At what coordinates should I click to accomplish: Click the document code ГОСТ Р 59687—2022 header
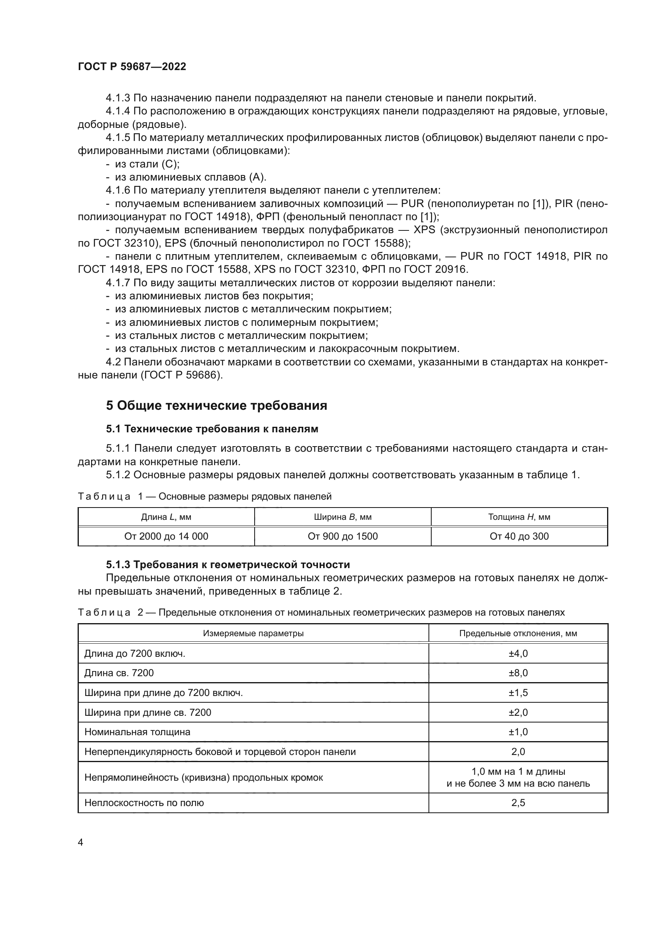pyautogui.click(x=132, y=67)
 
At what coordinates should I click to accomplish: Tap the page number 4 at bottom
pyautogui.click(x=80, y=842)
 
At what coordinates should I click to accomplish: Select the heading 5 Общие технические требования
pyautogui.click(x=217, y=405)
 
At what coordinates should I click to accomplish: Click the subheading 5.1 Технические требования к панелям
pyautogui.click(x=212, y=429)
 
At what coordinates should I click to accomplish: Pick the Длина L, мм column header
pyautogui.click(x=166, y=517)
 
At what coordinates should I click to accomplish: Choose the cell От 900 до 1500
pyautogui.click(x=343, y=536)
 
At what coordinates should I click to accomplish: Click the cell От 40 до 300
pyautogui.click(x=519, y=536)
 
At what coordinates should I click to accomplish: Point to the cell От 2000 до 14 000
pyautogui.click(x=166, y=536)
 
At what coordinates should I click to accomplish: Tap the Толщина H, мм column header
pyautogui.click(x=519, y=517)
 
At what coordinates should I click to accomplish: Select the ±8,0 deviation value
pyautogui.click(x=518, y=673)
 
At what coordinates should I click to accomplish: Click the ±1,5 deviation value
pyautogui.click(x=518, y=692)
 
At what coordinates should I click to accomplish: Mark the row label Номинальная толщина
pyautogui.click(x=137, y=732)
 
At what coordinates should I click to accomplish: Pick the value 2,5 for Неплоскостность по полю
pyautogui.click(x=518, y=802)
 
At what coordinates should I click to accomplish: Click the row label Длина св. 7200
pyautogui.click(x=119, y=673)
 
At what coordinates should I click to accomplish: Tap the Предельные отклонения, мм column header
pyautogui.click(x=518, y=633)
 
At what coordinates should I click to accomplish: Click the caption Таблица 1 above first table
pyautogui.click(x=204, y=496)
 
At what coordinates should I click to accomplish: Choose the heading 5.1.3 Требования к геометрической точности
pyautogui.click(x=228, y=565)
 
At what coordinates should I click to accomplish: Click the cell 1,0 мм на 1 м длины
pyautogui.click(x=518, y=772)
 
